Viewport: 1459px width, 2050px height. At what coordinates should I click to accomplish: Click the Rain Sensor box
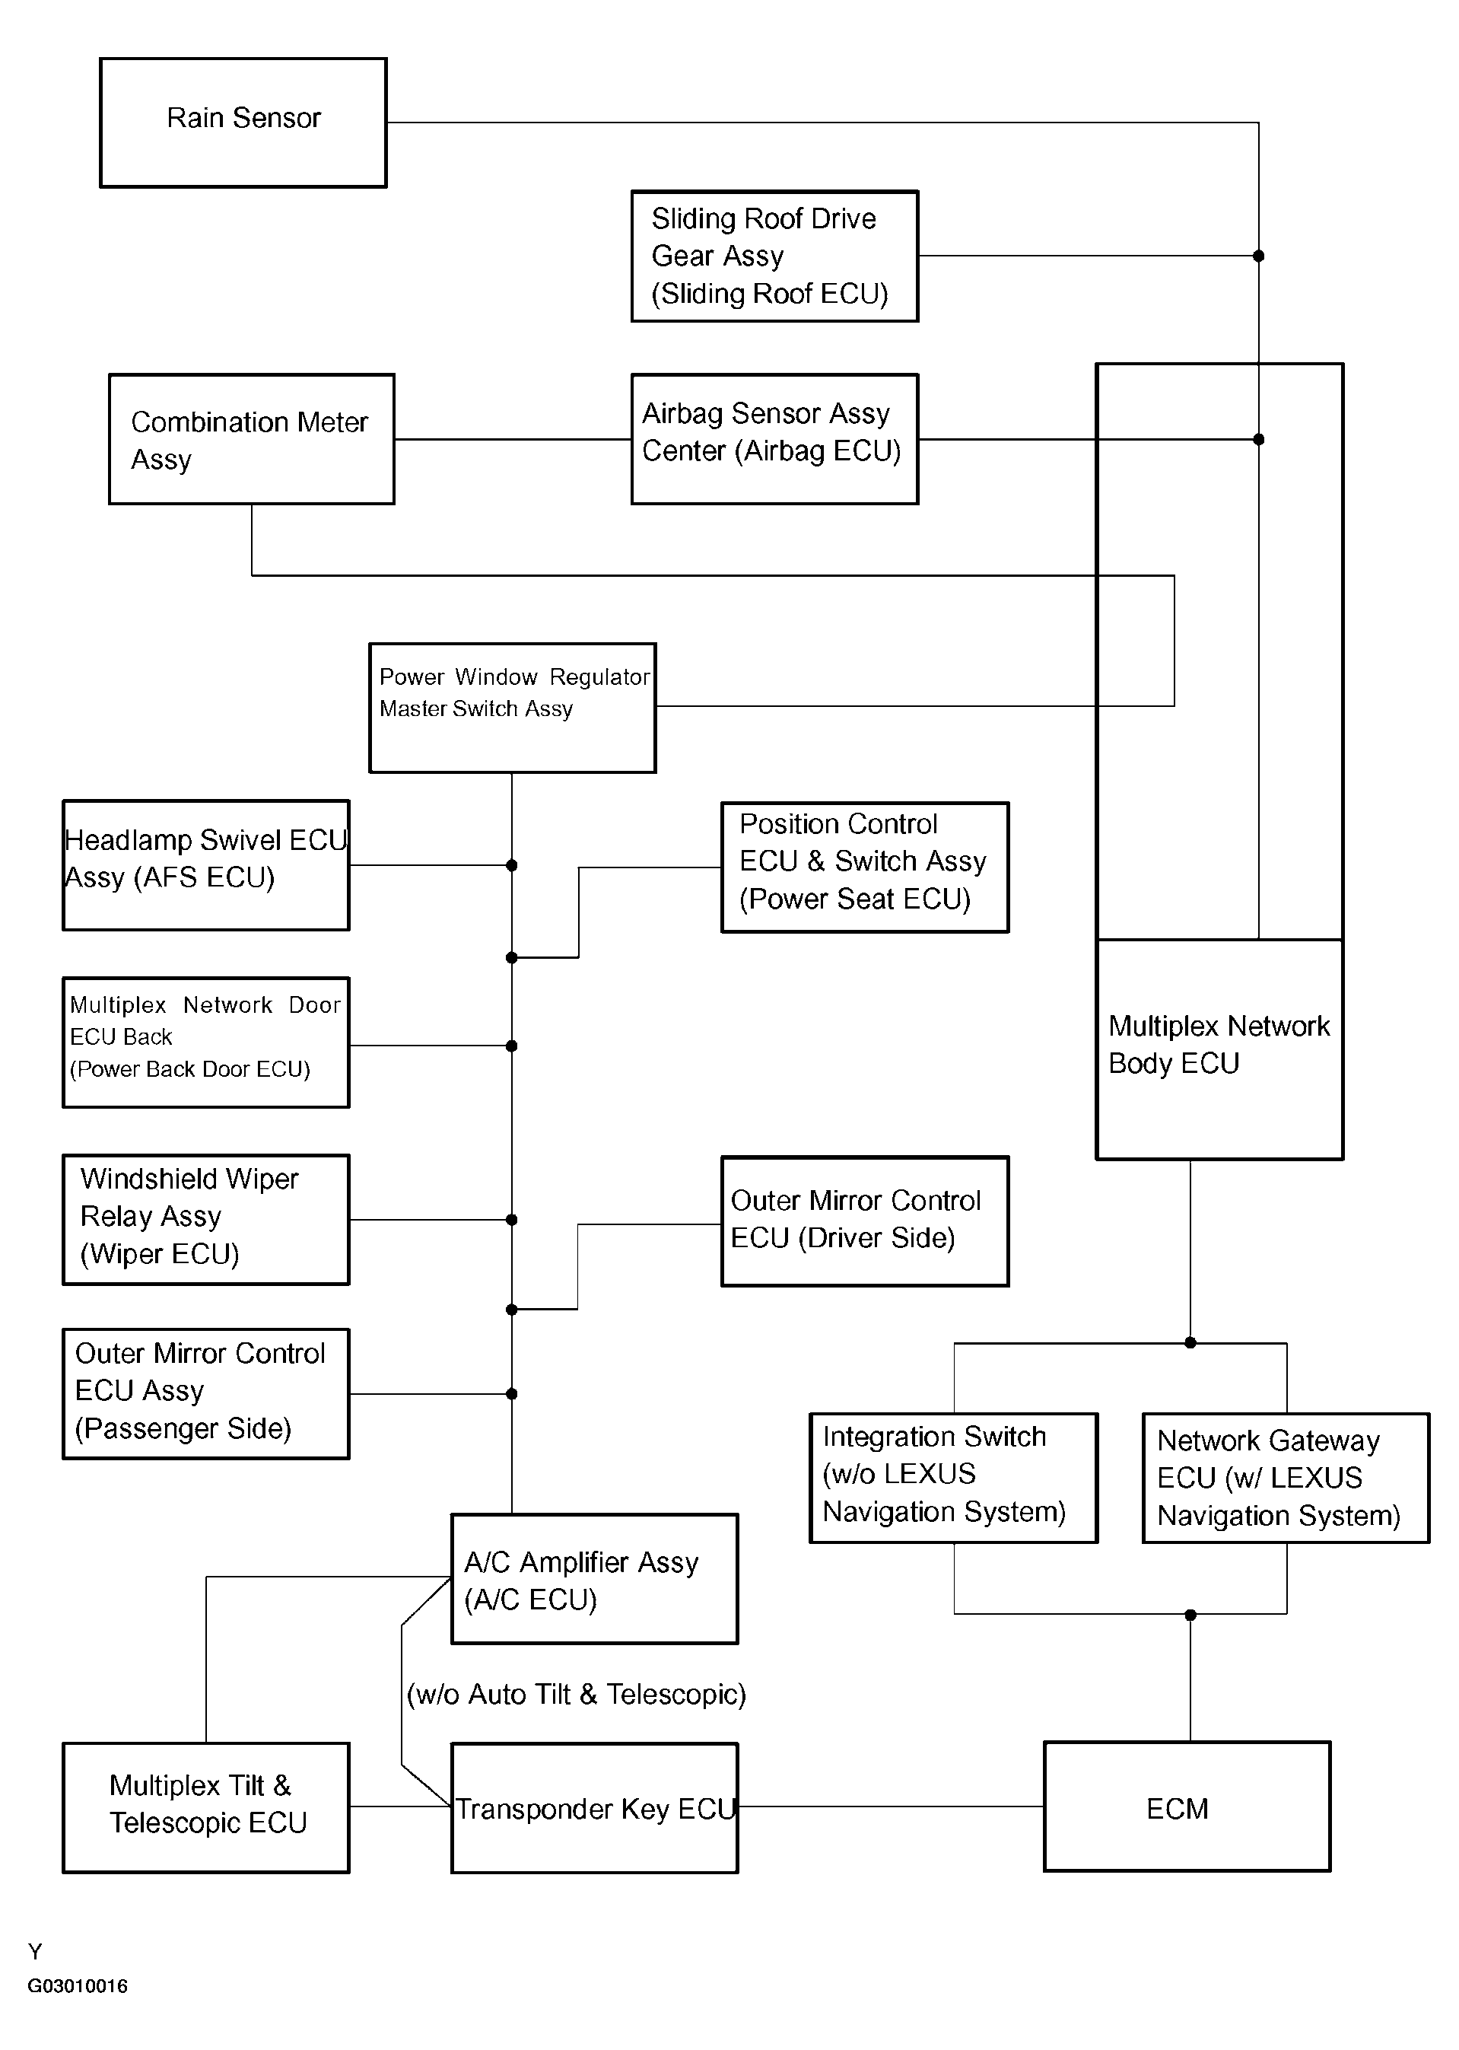click(x=243, y=123)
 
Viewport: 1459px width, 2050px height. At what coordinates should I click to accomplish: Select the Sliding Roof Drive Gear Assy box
click(x=774, y=256)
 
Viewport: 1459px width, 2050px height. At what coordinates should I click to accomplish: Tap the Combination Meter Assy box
click(x=252, y=440)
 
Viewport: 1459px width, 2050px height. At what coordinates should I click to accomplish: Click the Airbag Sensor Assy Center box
click(x=774, y=440)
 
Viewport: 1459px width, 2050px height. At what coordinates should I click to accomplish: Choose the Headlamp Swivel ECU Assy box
click(x=205, y=865)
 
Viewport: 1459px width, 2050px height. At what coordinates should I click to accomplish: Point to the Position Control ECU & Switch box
click(x=865, y=867)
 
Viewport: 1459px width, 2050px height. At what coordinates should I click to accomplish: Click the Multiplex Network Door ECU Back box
click(x=205, y=1043)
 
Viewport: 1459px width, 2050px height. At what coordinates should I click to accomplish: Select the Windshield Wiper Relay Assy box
click(x=205, y=1220)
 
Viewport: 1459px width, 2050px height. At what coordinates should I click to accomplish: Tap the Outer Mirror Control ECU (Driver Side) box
click(x=865, y=1221)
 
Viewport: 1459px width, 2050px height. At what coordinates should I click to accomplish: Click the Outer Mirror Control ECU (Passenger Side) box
click(x=205, y=1394)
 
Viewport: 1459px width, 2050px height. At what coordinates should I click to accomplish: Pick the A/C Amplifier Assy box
click(x=595, y=1579)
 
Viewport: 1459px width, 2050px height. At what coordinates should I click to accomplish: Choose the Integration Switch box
click(x=954, y=1479)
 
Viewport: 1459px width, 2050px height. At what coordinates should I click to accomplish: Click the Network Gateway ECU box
click(x=1286, y=1479)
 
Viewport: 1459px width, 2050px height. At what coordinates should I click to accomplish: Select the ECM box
click(x=1187, y=1807)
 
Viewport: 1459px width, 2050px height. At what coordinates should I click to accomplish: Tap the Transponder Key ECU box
click(x=595, y=1808)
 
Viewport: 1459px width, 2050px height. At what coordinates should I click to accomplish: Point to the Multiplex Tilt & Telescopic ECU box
click(x=205, y=1808)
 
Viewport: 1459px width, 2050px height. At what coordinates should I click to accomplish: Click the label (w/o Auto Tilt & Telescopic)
click(x=577, y=1694)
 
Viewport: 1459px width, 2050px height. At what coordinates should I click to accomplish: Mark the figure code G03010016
click(x=78, y=1986)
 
